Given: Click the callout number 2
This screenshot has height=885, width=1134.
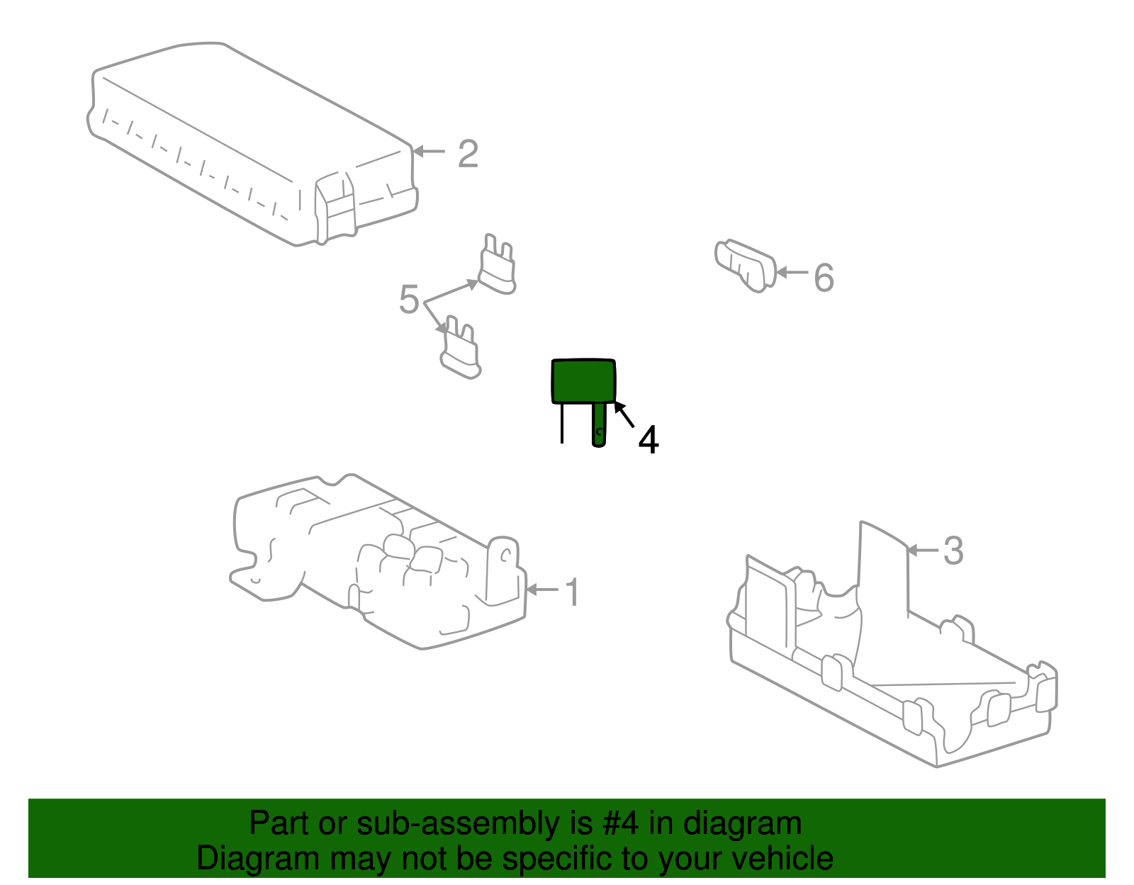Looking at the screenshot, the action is point(468,154).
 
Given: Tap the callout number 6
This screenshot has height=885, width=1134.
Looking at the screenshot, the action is point(824,278).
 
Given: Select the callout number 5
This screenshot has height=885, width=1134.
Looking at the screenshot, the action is point(409,299).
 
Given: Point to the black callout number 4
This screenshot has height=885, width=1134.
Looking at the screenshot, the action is point(648,439).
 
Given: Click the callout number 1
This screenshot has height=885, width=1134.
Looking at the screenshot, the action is point(573,592).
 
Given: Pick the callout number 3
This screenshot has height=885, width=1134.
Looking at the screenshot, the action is point(953,550).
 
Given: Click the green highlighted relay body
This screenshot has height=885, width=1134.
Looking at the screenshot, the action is point(583,381).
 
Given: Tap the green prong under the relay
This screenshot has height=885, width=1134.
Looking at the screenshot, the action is point(599,424).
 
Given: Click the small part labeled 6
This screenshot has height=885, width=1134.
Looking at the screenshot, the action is point(745,266).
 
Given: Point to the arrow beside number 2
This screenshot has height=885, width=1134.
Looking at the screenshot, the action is point(429,152).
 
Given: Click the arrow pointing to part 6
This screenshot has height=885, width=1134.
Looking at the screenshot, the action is point(792,272).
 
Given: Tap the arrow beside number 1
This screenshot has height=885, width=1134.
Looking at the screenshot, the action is point(542,590).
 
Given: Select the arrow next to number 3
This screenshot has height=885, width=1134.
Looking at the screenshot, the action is point(923,550).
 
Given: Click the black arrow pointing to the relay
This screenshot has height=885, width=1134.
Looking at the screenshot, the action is point(624,415).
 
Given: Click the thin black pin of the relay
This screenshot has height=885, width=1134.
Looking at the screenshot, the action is point(561,424).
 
